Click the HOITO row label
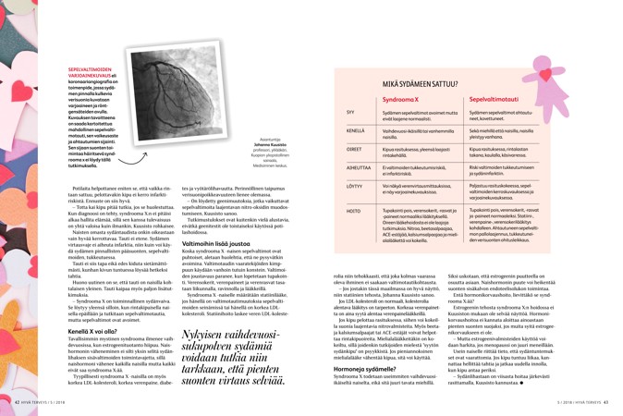point(352,212)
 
